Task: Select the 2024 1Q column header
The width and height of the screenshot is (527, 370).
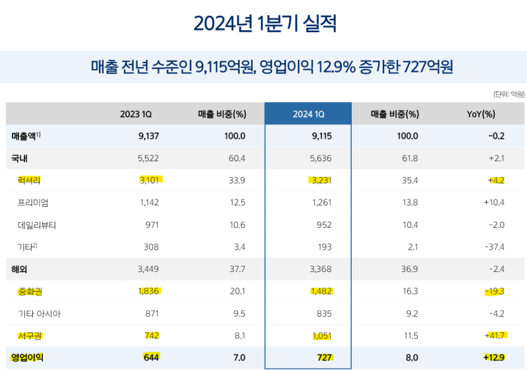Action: click(x=308, y=114)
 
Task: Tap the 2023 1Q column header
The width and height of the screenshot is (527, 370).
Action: click(x=136, y=114)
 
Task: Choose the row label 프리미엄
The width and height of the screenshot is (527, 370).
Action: click(x=33, y=202)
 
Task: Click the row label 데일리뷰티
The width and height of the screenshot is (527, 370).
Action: click(x=37, y=225)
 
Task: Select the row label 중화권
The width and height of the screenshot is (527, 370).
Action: click(x=30, y=291)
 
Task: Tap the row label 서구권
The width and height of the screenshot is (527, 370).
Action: click(x=30, y=336)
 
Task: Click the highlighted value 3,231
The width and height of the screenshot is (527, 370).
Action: click(x=321, y=180)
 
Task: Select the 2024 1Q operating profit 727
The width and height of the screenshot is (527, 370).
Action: click(x=324, y=358)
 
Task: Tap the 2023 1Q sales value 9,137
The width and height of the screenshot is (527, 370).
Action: click(x=147, y=136)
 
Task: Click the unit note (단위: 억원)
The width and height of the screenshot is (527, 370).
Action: click(x=509, y=94)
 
